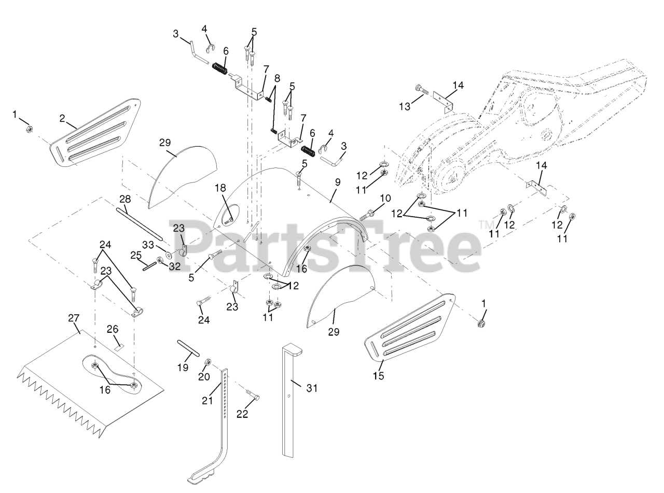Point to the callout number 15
click(x=379, y=376)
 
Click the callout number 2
click(x=62, y=118)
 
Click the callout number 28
click(x=125, y=199)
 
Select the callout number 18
click(x=221, y=187)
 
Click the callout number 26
click(x=113, y=329)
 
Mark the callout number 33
click(x=148, y=245)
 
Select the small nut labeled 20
click(x=207, y=361)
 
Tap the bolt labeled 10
click(x=367, y=213)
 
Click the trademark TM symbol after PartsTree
click(x=485, y=224)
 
